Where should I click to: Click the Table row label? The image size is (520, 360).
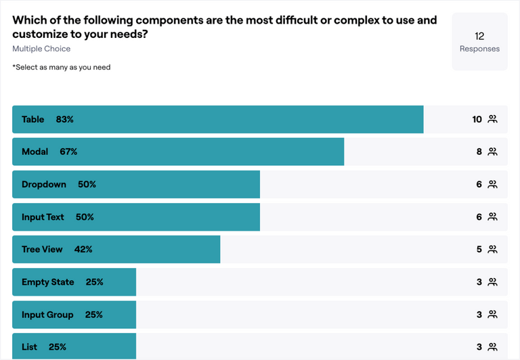(32, 119)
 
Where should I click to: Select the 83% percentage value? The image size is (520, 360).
(65, 119)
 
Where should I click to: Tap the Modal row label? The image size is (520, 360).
(35, 152)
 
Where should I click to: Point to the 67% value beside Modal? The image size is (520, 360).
(68, 152)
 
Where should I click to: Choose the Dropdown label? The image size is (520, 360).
(44, 184)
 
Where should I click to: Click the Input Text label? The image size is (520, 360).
(43, 217)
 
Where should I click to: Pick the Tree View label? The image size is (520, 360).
(42, 249)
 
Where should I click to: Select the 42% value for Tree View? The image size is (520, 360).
(83, 249)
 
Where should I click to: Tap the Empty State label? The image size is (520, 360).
(47, 282)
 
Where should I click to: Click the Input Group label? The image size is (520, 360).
(47, 314)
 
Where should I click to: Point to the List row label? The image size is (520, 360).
(29, 346)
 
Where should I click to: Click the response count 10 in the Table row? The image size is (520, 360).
(477, 119)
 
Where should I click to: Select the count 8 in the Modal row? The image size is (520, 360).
(479, 152)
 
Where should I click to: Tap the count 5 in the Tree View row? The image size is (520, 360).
(479, 249)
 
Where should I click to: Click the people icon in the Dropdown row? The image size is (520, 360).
(492, 184)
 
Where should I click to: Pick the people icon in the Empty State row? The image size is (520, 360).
(492, 282)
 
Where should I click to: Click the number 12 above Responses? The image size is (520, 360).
(479, 36)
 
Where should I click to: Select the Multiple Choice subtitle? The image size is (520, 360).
(41, 49)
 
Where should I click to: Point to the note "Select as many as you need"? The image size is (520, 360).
(62, 67)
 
